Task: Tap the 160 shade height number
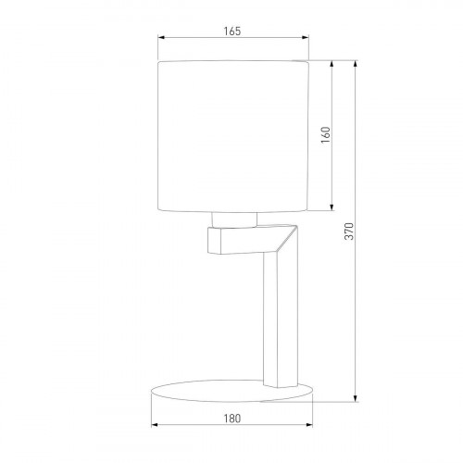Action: click(324, 134)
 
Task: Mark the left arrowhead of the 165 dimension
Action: click(159, 39)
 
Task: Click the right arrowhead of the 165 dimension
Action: click(307, 39)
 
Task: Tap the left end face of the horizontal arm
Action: click(210, 243)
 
